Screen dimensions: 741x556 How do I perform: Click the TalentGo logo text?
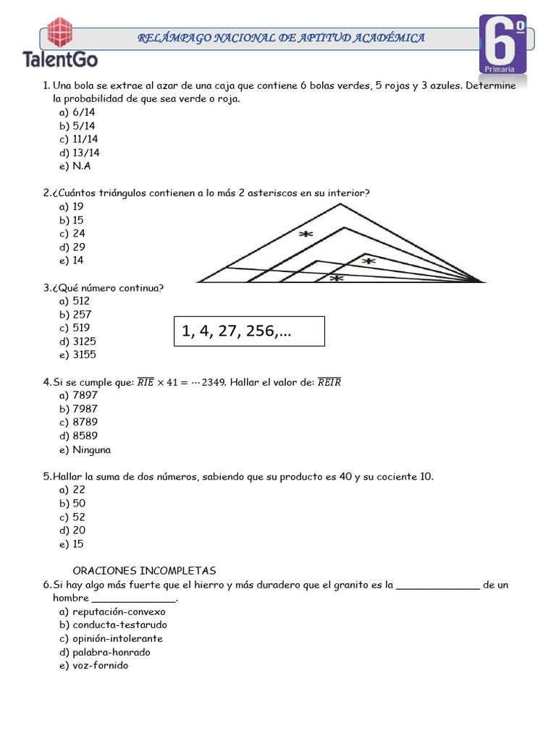60,59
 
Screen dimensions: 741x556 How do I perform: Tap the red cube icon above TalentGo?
60,32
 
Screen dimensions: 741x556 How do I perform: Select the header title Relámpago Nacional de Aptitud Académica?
282,38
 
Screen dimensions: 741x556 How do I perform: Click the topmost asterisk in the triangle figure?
306,234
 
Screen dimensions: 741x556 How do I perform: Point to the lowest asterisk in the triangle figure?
336,278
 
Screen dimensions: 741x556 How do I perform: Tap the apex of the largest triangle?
340,204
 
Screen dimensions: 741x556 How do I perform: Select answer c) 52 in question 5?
72,517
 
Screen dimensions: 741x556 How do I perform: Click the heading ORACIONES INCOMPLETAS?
144,571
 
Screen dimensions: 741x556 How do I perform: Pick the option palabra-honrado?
105,652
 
